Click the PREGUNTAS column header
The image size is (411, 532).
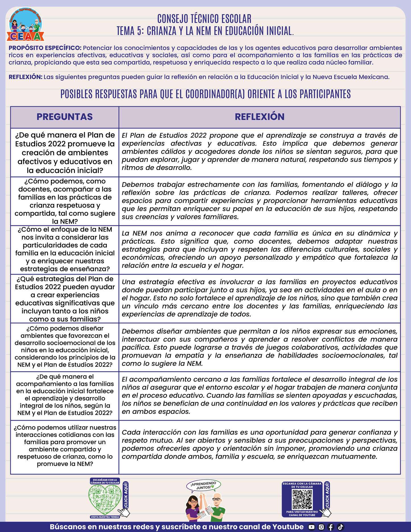point(65,117)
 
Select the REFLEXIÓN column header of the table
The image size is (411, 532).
point(259,117)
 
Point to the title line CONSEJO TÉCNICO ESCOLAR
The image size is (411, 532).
point(204,19)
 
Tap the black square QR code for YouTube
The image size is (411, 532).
point(302,500)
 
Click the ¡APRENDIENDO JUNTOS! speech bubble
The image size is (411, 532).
point(204,485)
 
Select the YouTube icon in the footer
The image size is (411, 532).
point(311,527)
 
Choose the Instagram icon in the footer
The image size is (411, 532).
point(321,527)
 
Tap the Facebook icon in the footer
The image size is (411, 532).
point(331,527)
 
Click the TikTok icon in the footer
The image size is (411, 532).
point(340,527)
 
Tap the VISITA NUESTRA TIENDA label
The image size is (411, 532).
point(105,517)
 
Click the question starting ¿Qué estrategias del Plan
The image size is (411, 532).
point(65,299)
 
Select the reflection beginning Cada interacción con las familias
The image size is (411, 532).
point(259,444)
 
